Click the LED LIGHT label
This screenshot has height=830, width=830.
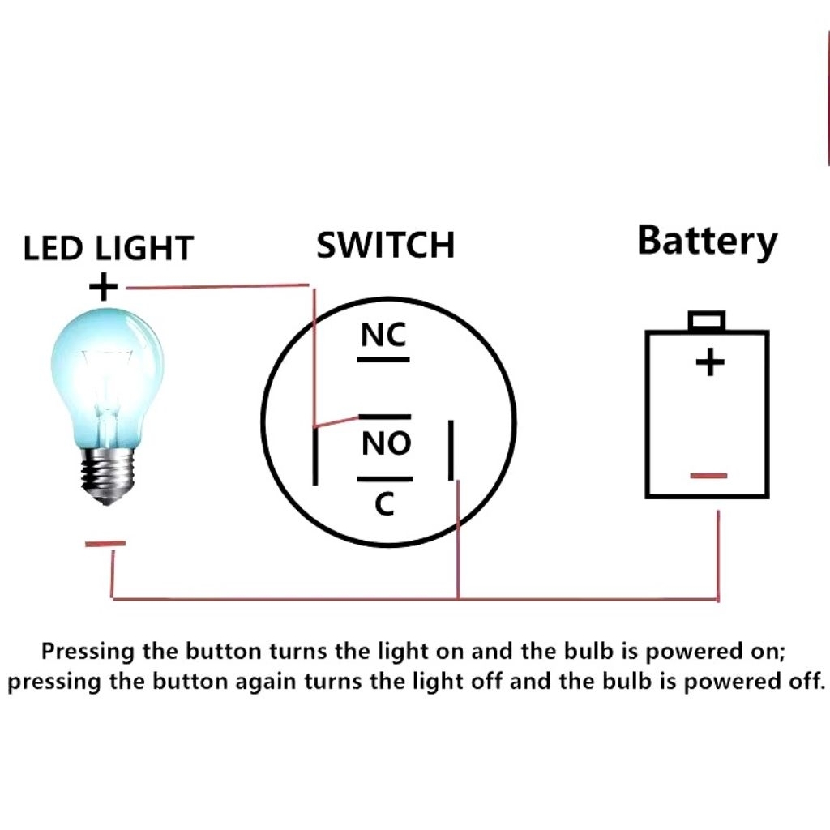click(108, 248)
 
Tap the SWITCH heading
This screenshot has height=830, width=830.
click(385, 245)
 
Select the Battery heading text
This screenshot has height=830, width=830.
click(707, 242)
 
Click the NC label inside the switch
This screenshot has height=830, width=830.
click(384, 335)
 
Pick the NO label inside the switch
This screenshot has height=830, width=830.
click(386, 443)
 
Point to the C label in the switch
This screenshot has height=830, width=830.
click(384, 505)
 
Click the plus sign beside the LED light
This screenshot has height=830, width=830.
click(103, 286)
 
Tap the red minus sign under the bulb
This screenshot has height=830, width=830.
click(105, 544)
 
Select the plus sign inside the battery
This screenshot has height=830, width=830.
click(710, 362)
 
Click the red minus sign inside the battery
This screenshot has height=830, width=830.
click(709, 476)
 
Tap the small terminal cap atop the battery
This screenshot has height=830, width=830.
click(706, 321)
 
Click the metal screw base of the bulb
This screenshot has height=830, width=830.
click(106, 474)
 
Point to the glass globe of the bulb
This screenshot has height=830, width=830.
click(107, 373)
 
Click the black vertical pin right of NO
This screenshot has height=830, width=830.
click(451, 450)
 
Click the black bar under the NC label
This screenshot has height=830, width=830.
click(384, 359)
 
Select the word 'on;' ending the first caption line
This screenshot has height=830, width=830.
click(768, 651)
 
